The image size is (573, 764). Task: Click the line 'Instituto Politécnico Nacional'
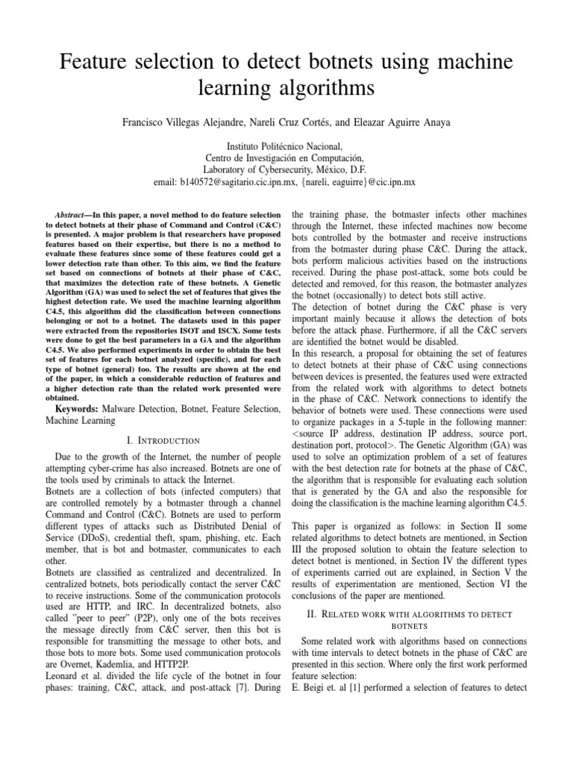286,146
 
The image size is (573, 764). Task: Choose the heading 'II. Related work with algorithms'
410,614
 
